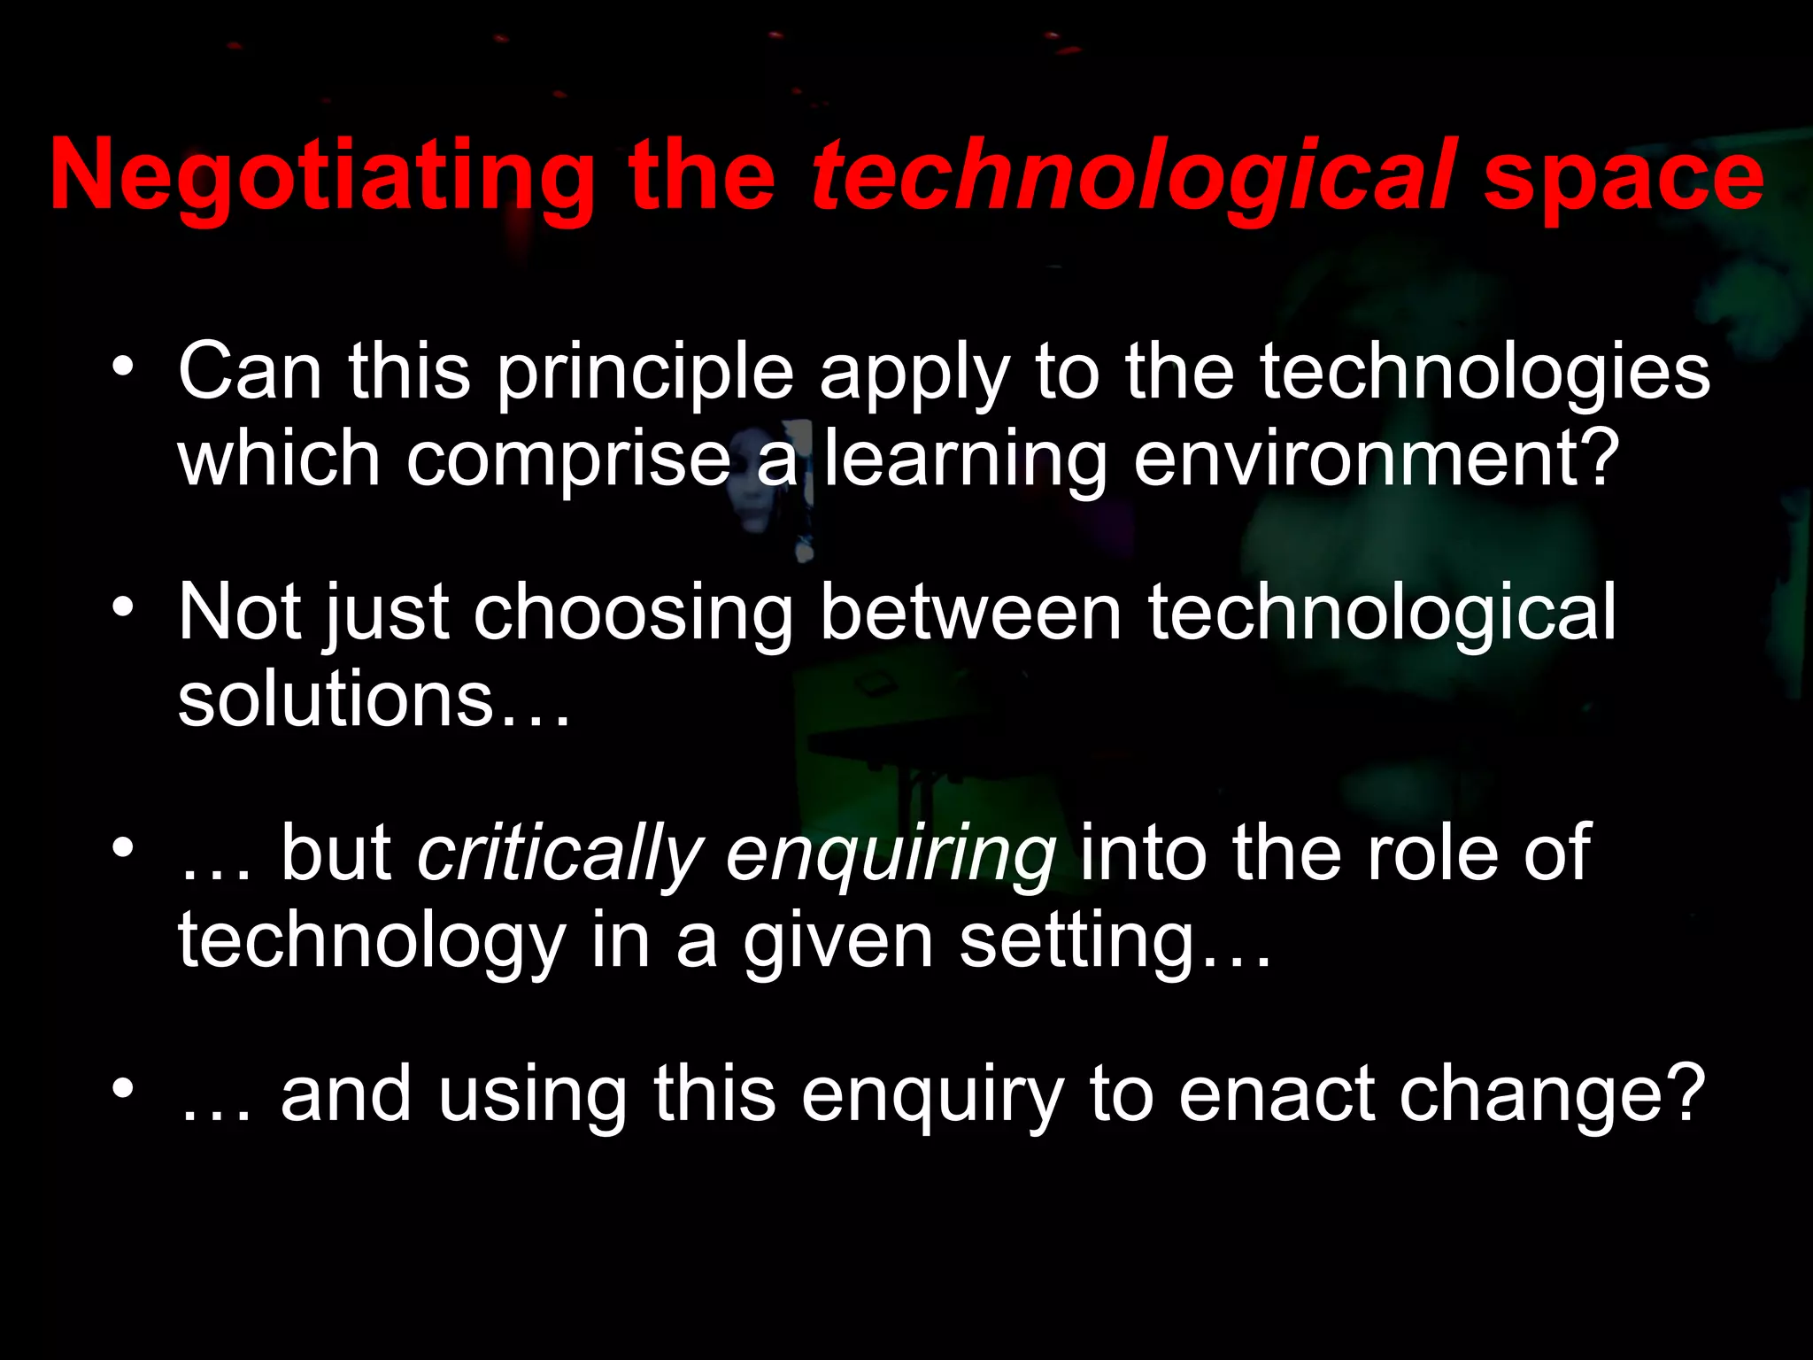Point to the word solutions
335,699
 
